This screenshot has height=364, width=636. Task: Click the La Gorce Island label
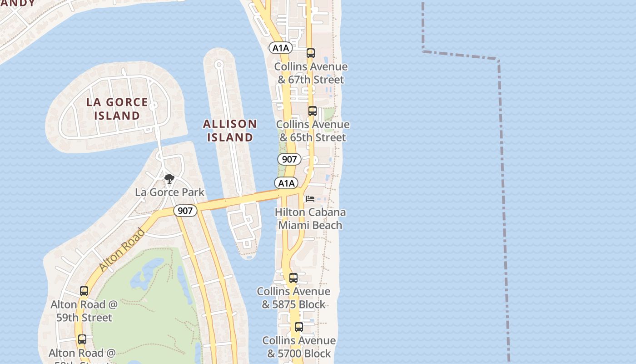117,109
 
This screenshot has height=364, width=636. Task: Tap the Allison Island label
230,131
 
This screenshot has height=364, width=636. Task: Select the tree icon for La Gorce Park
169,179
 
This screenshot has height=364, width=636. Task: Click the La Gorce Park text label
169,192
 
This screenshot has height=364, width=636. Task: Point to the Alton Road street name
122,250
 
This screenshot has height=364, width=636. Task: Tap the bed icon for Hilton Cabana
310,199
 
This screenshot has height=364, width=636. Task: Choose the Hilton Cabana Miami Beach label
310,218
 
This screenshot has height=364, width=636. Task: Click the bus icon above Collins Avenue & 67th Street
311,53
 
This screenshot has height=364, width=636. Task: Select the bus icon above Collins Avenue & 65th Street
313,111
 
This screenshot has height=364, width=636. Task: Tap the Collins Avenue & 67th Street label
311,73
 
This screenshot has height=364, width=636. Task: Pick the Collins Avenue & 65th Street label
313,131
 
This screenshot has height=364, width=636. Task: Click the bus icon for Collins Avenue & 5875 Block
293,278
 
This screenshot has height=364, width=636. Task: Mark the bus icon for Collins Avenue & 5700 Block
299,327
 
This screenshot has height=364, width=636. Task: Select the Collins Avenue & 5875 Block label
293,298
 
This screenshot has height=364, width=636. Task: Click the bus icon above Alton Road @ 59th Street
84,291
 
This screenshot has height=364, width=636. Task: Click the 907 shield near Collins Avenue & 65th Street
289,159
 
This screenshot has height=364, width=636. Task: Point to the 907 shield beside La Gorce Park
185,211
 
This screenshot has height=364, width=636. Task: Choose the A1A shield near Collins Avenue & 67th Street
280,48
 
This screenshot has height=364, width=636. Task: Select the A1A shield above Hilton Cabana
286,183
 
